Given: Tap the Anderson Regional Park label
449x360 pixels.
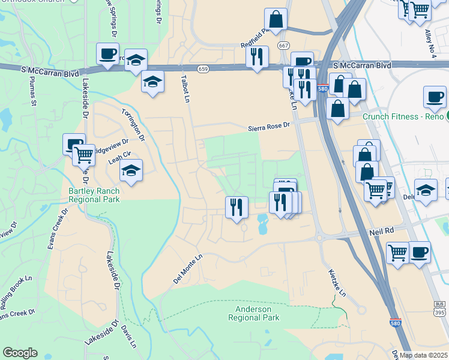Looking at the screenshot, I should click(254, 313).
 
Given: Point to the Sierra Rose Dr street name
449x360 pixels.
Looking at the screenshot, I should click(270, 127).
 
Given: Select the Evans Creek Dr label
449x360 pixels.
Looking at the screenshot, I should click(59, 229).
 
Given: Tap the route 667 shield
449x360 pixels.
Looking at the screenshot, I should click(282, 46).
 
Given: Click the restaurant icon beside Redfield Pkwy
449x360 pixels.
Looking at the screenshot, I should click(257, 56).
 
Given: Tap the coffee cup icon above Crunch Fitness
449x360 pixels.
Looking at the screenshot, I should click(435, 96).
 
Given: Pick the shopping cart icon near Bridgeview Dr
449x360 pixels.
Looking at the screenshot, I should click(83, 155).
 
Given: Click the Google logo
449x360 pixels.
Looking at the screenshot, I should click(20, 352).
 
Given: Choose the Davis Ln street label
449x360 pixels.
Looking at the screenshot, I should click(129, 337).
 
